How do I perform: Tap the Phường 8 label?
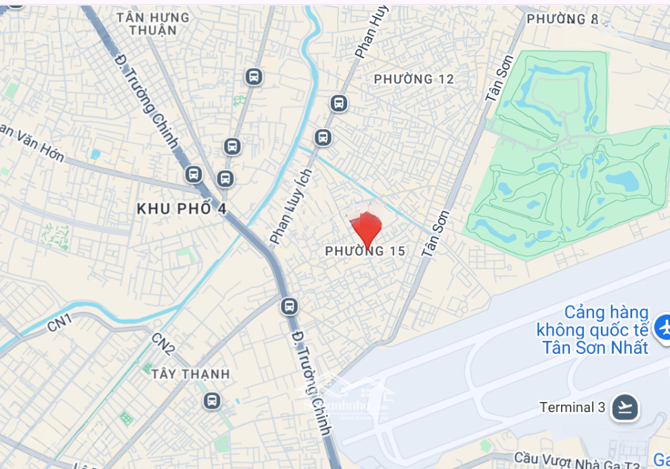tap(563, 19)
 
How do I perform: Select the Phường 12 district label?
tap(414, 79)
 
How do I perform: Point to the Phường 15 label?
tap(365, 252)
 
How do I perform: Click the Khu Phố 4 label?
tap(181, 209)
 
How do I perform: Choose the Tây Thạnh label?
tap(191, 374)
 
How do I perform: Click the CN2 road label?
tap(164, 344)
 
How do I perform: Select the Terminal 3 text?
tap(572, 407)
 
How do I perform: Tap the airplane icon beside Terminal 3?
tap(625, 407)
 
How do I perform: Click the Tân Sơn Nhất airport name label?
tap(592, 330)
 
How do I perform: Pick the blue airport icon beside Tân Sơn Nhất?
tap(663, 329)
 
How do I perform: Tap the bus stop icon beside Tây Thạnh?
tap(212, 401)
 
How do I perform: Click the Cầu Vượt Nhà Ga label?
tap(576, 460)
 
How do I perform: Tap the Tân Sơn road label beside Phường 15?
tap(435, 233)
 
